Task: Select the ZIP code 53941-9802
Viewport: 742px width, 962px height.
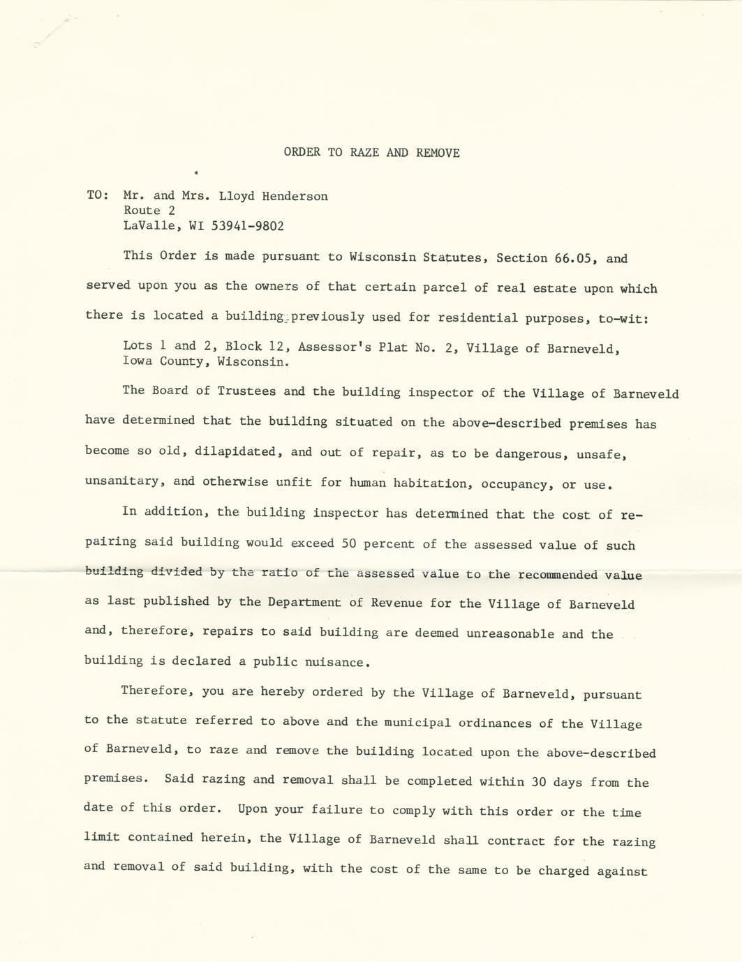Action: pos(248,226)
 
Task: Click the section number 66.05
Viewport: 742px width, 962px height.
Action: pos(576,258)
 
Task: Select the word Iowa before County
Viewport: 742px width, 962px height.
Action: pos(137,361)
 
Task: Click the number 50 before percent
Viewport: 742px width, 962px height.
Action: pos(350,543)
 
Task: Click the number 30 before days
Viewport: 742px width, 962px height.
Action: pos(539,782)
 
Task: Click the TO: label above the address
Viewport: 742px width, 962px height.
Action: pos(97,195)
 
